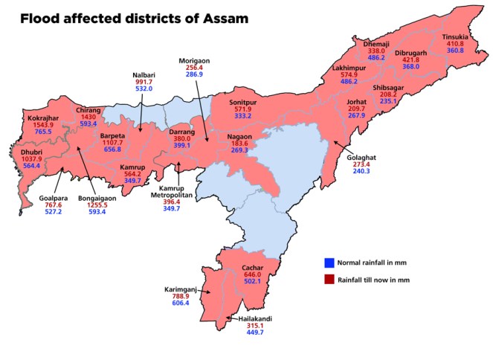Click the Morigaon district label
click(196, 60)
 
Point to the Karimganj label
click(181, 289)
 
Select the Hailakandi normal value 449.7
click(250, 332)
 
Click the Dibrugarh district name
click(411, 54)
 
